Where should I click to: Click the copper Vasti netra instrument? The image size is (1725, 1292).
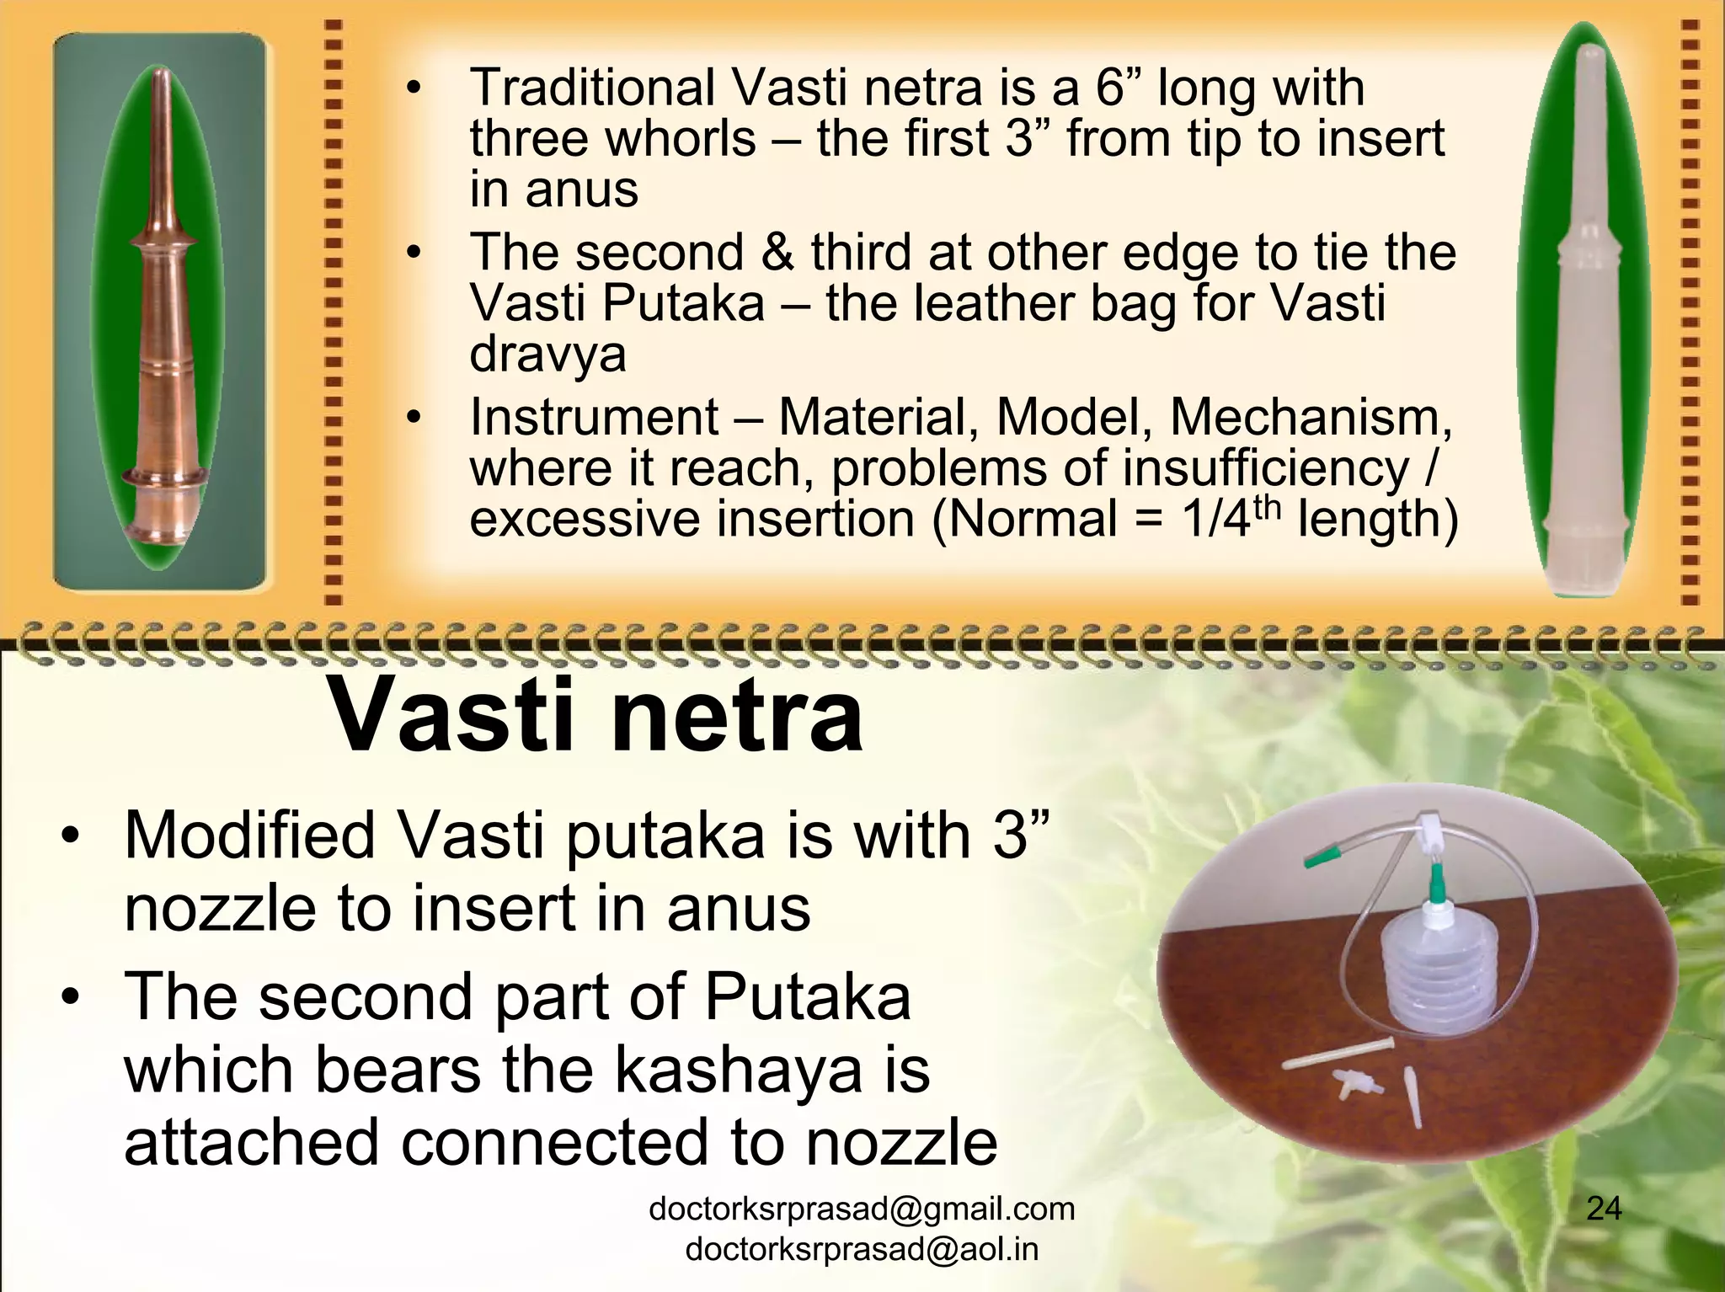tap(161, 337)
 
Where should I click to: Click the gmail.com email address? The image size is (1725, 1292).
tap(862, 1209)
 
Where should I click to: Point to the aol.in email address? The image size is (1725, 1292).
tap(862, 1249)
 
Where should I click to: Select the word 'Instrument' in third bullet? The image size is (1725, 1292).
tap(594, 417)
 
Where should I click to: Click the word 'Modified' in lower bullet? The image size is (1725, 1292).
tap(249, 836)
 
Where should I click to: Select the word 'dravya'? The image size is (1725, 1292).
tap(547, 355)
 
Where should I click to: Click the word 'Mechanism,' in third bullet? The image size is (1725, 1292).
tap(1311, 417)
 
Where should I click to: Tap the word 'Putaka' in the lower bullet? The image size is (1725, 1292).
tap(807, 996)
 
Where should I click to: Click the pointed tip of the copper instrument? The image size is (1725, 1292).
tap(166, 77)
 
